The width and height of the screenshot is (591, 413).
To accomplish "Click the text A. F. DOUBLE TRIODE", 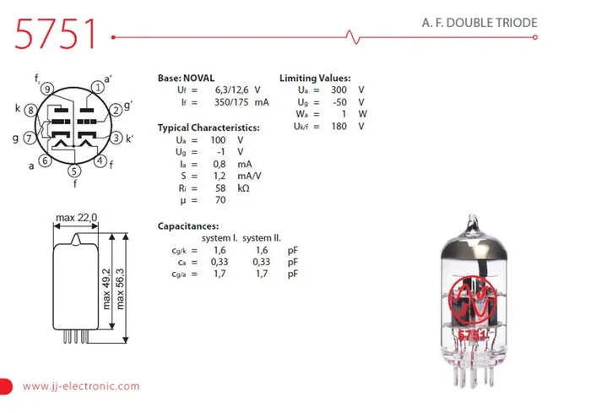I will click(x=480, y=23).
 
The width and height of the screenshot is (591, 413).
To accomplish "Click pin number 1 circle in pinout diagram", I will click(x=100, y=87).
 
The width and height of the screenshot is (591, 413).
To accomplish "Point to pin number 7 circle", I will click(x=30, y=139).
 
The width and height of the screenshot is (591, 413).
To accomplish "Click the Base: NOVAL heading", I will click(x=187, y=78).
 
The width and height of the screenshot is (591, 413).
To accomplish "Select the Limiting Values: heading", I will click(x=315, y=78).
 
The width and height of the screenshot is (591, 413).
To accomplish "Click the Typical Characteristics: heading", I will click(x=209, y=128).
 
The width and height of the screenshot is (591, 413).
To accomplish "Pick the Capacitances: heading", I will click(x=188, y=226).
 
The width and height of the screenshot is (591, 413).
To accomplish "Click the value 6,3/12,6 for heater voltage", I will click(x=230, y=90).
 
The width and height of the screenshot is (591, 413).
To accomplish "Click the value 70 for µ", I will click(x=220, y=200).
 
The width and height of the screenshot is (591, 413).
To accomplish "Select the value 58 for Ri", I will click(x=220, y=187).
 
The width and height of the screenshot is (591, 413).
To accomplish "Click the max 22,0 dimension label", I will click(x=77, y=218).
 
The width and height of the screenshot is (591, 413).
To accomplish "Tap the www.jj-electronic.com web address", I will click(x=81, y=386).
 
